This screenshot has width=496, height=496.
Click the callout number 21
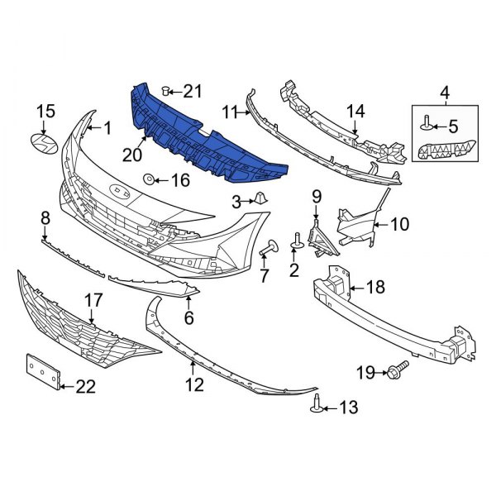pos(192,91)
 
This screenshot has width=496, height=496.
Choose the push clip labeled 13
pos(317,405)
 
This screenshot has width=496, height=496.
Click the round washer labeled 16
pos(149,179)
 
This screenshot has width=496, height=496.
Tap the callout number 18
pos(375,288)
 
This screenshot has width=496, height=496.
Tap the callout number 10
pos(399,223)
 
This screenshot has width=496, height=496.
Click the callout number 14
pos(355,111)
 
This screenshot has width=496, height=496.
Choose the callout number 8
pos(45,217)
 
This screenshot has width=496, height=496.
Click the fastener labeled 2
pos(295,241)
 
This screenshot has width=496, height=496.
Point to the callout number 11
pos(229,110)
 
